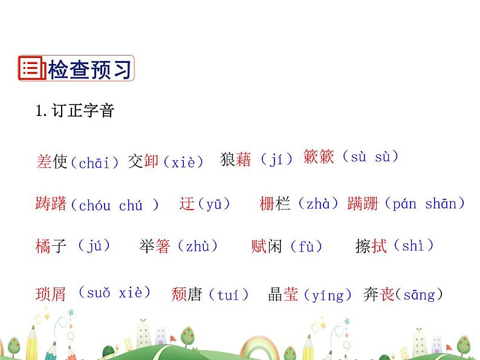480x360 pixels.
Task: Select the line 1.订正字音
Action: pos(74,111)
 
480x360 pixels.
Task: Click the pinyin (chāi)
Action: pos(95,162)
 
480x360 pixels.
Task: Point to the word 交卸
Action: pos(143,162)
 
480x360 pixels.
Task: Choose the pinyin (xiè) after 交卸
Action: pos(183,162)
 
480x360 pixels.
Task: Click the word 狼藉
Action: pos(236,159)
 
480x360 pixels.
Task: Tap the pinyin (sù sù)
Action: pos(370,157)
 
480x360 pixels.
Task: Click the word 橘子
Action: pos(51,246)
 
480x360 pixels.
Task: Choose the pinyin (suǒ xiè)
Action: pos(114,293)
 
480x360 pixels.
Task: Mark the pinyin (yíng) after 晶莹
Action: pos(326,295)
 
